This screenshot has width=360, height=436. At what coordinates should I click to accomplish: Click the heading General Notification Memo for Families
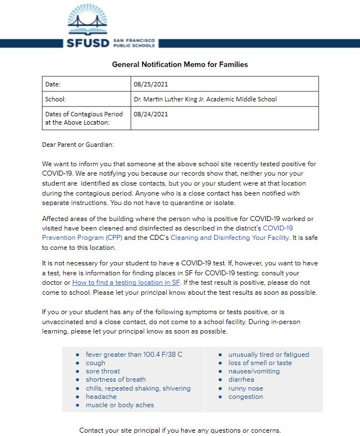coord(180,64)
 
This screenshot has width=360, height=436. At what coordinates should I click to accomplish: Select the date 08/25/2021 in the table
coord(150,84)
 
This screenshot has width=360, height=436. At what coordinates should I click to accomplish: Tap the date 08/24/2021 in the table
coord(150,114)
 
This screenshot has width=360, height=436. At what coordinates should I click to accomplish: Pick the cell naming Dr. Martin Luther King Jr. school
coord(205,99)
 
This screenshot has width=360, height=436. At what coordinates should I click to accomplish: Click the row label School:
coord(55,99)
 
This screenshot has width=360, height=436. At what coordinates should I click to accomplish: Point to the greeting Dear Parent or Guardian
coord(78,145)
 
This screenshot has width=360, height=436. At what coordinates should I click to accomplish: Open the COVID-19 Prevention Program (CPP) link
coord(78,237)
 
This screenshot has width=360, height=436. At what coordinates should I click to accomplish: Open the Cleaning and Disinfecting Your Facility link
coord(230,237)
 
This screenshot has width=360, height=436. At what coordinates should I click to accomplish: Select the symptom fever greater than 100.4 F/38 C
coord(134,355)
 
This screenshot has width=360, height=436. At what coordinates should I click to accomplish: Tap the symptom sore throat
coord(102,371)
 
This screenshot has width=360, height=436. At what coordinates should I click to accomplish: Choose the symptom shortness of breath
coord(116,379)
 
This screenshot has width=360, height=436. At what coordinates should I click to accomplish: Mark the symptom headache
coord(101,397)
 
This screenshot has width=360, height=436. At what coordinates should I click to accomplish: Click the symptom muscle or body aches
coord(120,405)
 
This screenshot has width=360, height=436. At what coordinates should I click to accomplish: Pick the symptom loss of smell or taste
coord(260,363)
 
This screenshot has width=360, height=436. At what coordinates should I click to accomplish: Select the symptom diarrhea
coord(241,379)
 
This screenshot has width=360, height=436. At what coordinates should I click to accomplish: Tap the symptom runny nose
coord(245,388)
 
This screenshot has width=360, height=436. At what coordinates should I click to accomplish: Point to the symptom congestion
coord(245,397)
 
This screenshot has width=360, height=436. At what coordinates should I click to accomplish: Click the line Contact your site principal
coord(180,430)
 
